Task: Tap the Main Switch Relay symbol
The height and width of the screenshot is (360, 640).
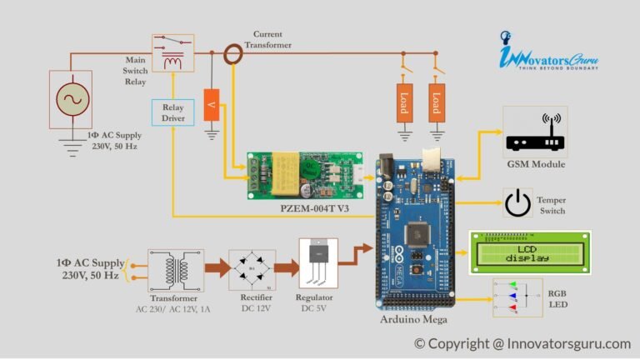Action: pyautogui.click(x=172, y=52)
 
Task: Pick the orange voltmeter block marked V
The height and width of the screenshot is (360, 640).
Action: pyautogui.click(x=212, y=104)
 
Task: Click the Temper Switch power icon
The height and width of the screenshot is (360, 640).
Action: pyautogui.click(x=517, y=202)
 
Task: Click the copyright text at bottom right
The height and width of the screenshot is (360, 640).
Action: pyautogui.click(x=522, y=343)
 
